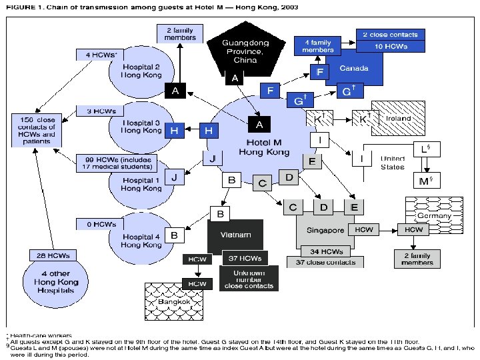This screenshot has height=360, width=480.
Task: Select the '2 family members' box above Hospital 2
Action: click(175, 34)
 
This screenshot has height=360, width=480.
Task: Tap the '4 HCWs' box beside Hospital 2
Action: click(98, 55)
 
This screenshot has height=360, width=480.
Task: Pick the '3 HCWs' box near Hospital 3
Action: click(97, 111)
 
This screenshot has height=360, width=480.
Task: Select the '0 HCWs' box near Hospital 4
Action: click(97, 224)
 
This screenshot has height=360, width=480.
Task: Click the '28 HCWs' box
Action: click(51, 255)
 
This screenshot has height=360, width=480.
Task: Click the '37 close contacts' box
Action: click(322, 262)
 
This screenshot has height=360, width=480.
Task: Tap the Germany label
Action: click(434, 215)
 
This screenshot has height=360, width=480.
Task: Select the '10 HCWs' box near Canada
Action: click(391, 45)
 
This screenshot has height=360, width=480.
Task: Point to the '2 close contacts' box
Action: click(391, 34)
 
